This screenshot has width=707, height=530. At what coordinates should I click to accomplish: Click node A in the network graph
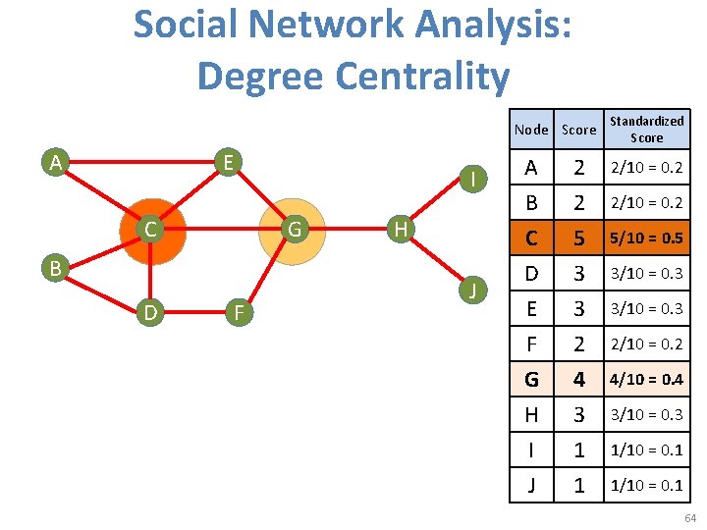(58, 161)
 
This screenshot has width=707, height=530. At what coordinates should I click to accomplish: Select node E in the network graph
(227, 161)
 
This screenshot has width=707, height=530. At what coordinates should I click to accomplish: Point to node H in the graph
(398, 230)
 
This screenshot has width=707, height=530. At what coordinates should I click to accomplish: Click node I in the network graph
(474, 179)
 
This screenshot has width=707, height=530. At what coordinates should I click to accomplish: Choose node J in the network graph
(474, 290)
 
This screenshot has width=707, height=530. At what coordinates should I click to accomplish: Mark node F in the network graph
(236, 313)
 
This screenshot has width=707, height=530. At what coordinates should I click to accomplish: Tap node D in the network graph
(150, 313)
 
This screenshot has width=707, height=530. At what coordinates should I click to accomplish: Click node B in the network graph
(58, 266)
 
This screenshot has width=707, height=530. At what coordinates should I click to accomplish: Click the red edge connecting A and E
(142, 161)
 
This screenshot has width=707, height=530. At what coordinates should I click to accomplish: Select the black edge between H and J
(436, 260)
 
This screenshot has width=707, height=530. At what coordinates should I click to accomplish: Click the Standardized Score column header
(646, 129)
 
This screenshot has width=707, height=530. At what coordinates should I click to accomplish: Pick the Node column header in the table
(531, 130)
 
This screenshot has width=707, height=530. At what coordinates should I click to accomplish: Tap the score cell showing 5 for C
(578, 238)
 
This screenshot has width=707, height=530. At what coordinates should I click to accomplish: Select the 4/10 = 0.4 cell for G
(646, 379)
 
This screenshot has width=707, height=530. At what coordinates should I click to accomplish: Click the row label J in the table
(531, 485)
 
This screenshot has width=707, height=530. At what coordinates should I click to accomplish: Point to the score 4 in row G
(578, 379)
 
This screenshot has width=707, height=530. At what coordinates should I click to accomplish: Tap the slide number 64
(690, 518)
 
